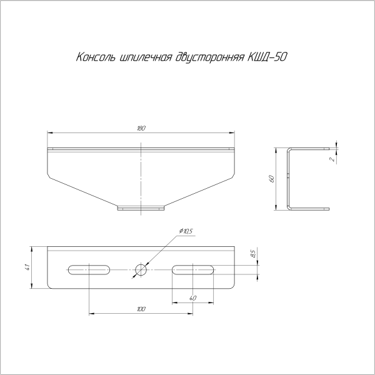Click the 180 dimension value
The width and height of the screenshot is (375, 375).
[x=141, y=128]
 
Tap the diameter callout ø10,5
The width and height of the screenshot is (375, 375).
[x=186, y=232]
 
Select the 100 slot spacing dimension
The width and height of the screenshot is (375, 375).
[x=141, y=309]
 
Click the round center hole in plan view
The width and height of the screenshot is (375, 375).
[x=141, y=269]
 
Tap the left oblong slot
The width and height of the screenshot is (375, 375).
[x=89, y=269]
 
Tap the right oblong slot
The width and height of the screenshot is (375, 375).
[x=194, y=269]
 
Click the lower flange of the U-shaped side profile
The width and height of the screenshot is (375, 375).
[x=308, y=208]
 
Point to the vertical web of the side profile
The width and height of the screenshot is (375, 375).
[x=288, y=178]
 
